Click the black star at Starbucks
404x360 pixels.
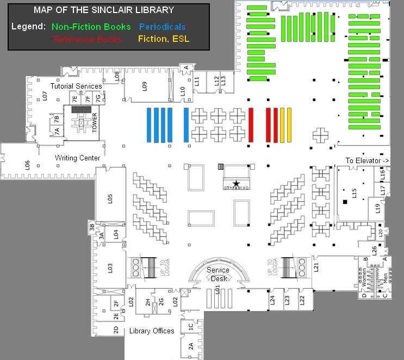coord(236,184)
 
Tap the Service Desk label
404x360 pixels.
coord(218,274)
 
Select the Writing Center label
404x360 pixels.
coord(77,158)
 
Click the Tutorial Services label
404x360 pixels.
coord(76,86)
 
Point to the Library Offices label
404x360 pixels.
coord(152,331)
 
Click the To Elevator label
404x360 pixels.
coord(368,160)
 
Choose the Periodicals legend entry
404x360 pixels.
coord(162,27)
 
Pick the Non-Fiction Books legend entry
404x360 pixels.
coord(91,27)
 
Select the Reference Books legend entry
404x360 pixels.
coord(87,39)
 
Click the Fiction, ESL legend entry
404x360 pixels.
coord(163,39)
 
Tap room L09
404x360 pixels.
coord(145,85)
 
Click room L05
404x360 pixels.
coord(110,198)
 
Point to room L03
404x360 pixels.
coord(110,267)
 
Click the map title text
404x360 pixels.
coord(104,10)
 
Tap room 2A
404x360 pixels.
coord(191,345)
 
